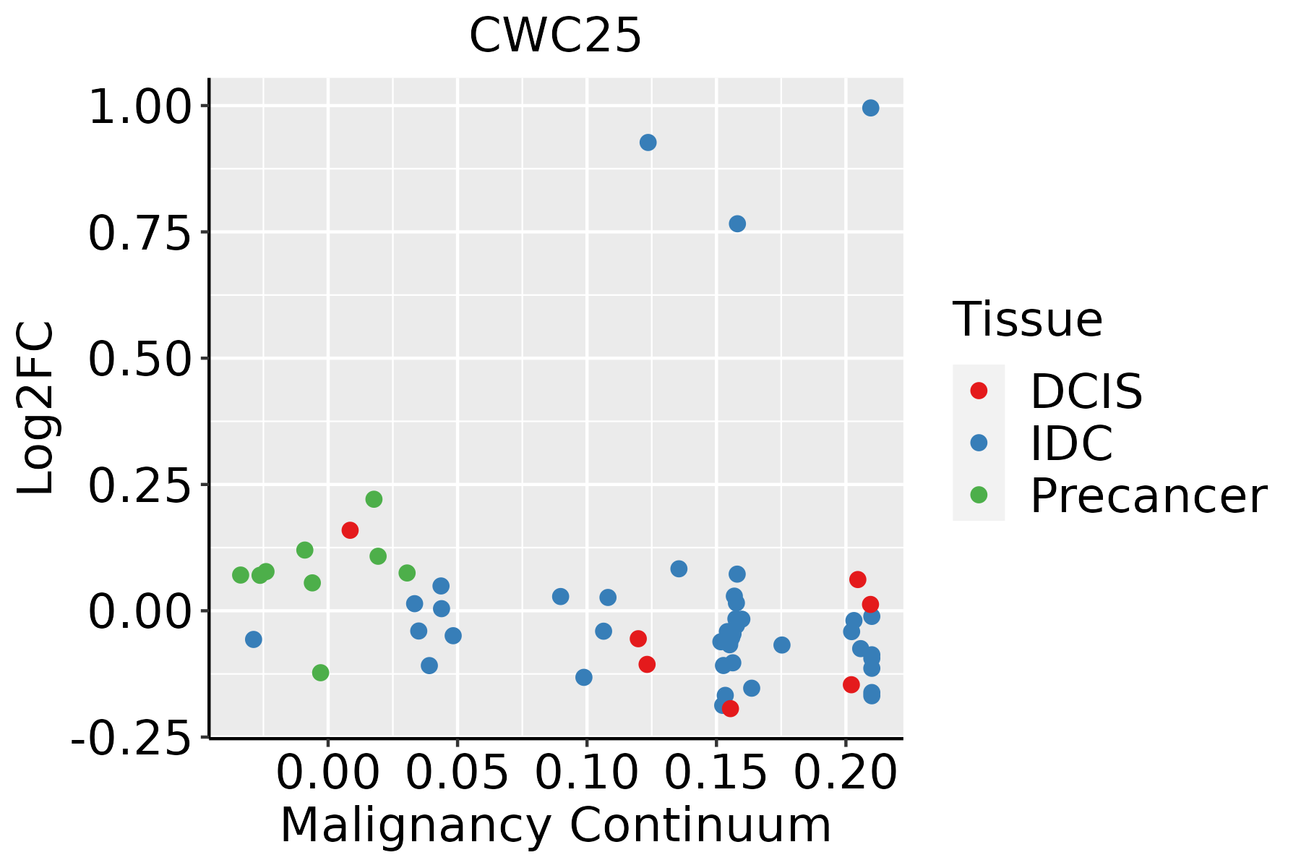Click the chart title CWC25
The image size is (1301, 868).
(x=555, y=35)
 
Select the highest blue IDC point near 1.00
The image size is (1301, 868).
(x=870, y=108)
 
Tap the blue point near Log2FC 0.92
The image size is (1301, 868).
(x=648, y=142)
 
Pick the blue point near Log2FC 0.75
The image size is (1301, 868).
(x=737, y=224)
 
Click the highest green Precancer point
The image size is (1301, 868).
(x=374, y=499)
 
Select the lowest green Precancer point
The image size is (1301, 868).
(x=320, y=673)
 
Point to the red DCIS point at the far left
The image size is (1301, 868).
(x=350, y=530)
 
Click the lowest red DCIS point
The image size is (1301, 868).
(x=730, y=708)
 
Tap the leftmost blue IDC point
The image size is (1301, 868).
(x=253, y=639)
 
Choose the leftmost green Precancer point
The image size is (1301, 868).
(x=241, y=575)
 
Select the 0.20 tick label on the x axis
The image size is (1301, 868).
(x=845, y=773)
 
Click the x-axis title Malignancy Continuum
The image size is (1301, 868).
(x=555, y=825)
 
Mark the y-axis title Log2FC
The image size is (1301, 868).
(x=36, y=408)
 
